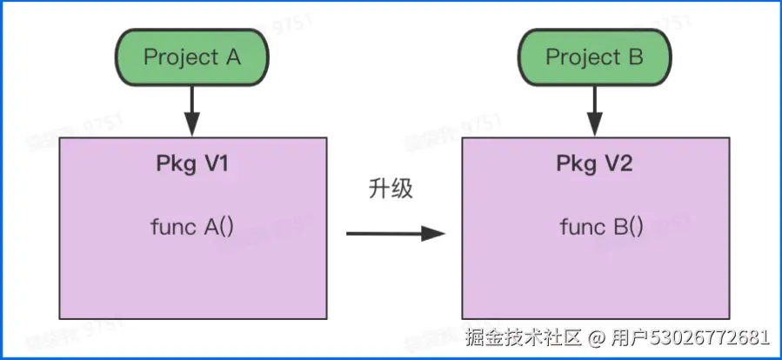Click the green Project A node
pos(191,57)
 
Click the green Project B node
pos(595,57)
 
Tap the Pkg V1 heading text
pos(193,164)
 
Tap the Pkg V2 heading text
pos(595,164)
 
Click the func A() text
pos(192,228)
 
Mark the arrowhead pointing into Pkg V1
pos(192,128)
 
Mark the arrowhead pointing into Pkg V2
pos(595,128)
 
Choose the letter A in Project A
pos(232,57)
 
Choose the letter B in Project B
pos(636,57)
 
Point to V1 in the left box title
pos(217,164)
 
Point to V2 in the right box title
pos(618,164)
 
